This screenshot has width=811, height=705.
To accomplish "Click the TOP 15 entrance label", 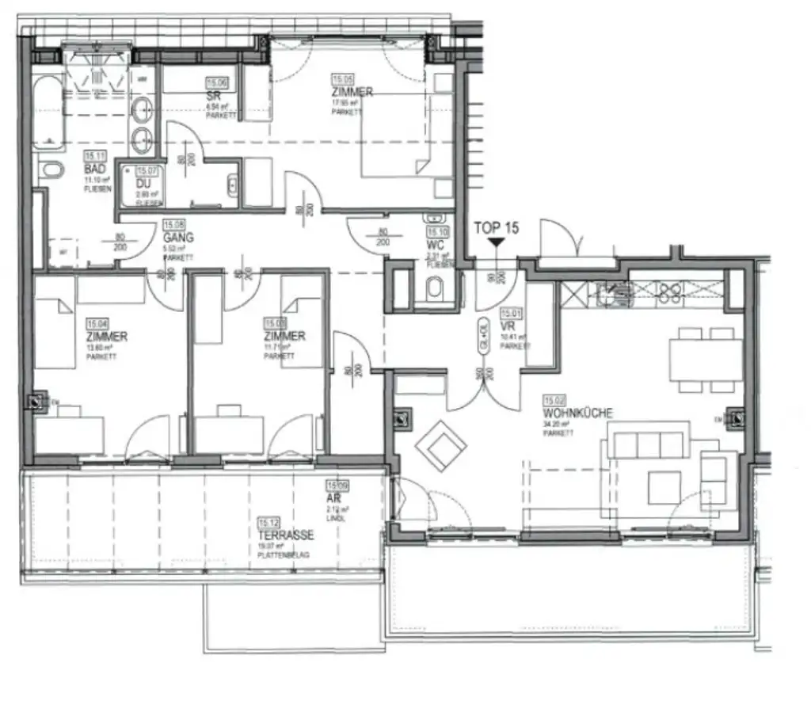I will click(x=496, y=228).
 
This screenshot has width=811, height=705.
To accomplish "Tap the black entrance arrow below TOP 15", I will click(x=496, y=244).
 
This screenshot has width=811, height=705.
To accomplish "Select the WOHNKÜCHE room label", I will click(x=578, y=413).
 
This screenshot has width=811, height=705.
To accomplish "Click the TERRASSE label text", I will click(x=285, y=535).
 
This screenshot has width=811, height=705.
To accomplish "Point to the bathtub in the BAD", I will click(x=51, y=112).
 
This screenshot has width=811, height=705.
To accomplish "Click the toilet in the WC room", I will click(x=436, y=290).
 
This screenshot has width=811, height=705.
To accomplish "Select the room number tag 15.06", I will click(x=216, y=82).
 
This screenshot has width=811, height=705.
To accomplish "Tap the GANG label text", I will click(x=178, y=237).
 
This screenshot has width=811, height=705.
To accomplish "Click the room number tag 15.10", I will click(x=437, y=232).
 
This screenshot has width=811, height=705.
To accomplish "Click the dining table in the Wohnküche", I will click(x=706, y=360).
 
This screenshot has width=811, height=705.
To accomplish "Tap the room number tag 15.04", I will click(x=97, y=324).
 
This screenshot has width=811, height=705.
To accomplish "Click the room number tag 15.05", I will click(x=343, y=80).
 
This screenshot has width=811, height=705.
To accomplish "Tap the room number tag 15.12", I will click(x=269, y=522).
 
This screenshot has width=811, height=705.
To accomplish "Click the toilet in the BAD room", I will click(x=52, y=170).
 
